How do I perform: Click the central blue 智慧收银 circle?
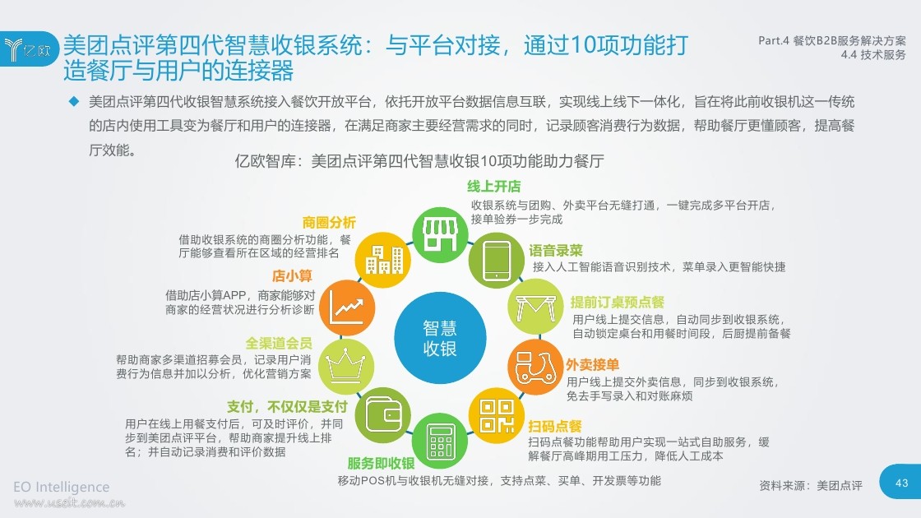click(x=440, y=338)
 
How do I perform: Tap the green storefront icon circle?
click(x=441, y=235)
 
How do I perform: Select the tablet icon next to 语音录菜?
click(x=497, y=260)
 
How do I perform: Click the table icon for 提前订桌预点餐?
click(x=535, y=307)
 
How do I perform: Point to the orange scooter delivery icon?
click(x=535, y=367)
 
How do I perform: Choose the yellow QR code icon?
click(x=497, y=415)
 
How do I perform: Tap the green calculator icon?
click(x=441, y=441)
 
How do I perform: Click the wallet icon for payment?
click(x=383, y=415)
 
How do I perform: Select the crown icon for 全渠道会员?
click(x=346, y=367)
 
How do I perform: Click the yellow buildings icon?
click(x=383, y=260)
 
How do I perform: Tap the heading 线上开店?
click(x=494, y=187)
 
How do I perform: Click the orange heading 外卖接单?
click(x=592, y=365)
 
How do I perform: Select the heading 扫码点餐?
click(x=555, y=427)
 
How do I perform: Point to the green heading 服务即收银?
click(x=382, y=464)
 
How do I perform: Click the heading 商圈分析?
click(x=329, y=223)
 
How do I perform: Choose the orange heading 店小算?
click(x=292, y=275)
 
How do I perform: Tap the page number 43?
click(x=901, y=483)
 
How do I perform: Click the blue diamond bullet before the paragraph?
click(x=74, y=102)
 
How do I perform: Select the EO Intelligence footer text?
click(x=61, y=487)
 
